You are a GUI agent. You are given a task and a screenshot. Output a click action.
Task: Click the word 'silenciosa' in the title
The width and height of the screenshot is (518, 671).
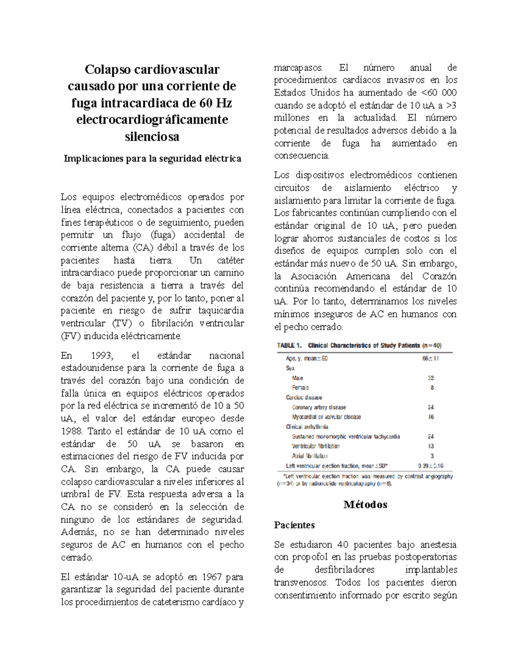tap(152, 137)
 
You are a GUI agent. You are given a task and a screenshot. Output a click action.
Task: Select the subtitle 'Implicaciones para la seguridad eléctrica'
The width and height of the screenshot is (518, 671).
tap(152, 159)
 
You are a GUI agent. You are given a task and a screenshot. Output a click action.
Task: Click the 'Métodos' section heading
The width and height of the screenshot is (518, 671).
tap(365, 504)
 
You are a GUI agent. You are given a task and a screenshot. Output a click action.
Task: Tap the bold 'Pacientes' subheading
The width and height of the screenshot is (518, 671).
tap(294, 525)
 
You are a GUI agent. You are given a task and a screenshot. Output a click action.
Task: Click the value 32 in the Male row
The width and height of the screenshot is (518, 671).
tap(431, 378)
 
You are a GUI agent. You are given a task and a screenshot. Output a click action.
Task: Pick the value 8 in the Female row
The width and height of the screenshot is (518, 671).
tap(432, 388)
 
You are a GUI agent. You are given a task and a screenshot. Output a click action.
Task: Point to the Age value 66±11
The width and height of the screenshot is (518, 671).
tap(430, 358)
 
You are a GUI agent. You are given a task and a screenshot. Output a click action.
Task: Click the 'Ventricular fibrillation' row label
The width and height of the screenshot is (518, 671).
tap(316, 446)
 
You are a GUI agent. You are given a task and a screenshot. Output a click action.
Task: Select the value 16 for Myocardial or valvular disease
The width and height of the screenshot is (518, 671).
tap(431, 417)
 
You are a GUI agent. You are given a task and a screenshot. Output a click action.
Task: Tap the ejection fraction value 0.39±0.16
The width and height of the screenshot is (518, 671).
tap(430, 465)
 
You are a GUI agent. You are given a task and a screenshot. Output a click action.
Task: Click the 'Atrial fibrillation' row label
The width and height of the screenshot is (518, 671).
tap(310, 456)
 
